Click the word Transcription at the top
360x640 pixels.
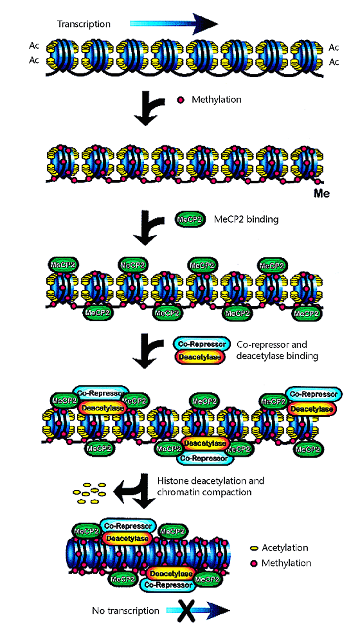coord(84,24)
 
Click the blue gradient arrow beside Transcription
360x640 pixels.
coord(174,24)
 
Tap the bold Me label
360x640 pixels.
coord(319,193)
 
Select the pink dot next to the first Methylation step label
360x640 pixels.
coord(181,100)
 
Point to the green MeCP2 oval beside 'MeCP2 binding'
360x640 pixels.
coord(190,220)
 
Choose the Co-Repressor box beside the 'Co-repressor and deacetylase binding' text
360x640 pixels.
coord(200,344)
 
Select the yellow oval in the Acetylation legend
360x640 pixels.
coord(254,548)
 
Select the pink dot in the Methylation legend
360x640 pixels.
coord(254,563)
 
